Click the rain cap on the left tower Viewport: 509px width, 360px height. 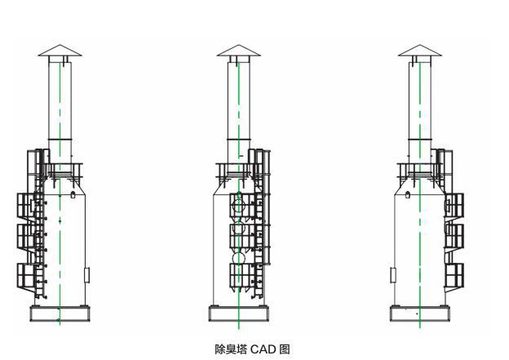tap(60, 51)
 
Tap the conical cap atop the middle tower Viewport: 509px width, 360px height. tap(238, 51)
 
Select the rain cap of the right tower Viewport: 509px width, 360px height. tap(419, 51)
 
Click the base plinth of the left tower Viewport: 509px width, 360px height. tap(60, 313)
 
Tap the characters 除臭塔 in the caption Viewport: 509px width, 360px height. tap(231, 349)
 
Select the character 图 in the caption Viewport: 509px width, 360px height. tap(285, 349)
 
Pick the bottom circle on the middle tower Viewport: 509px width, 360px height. tap(238, 260)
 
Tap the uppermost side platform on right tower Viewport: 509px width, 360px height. tap(454, 204)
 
